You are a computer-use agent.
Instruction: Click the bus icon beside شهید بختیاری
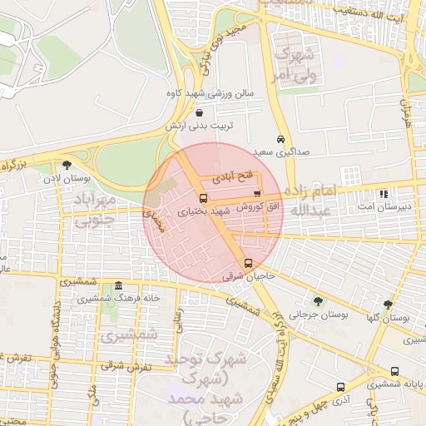203,199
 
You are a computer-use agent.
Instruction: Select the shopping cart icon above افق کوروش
256,194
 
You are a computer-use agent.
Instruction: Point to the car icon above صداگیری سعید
281,140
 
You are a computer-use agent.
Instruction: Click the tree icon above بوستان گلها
388,305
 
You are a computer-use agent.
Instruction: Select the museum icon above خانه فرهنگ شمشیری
118,285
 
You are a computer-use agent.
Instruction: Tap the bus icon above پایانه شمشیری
394,372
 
